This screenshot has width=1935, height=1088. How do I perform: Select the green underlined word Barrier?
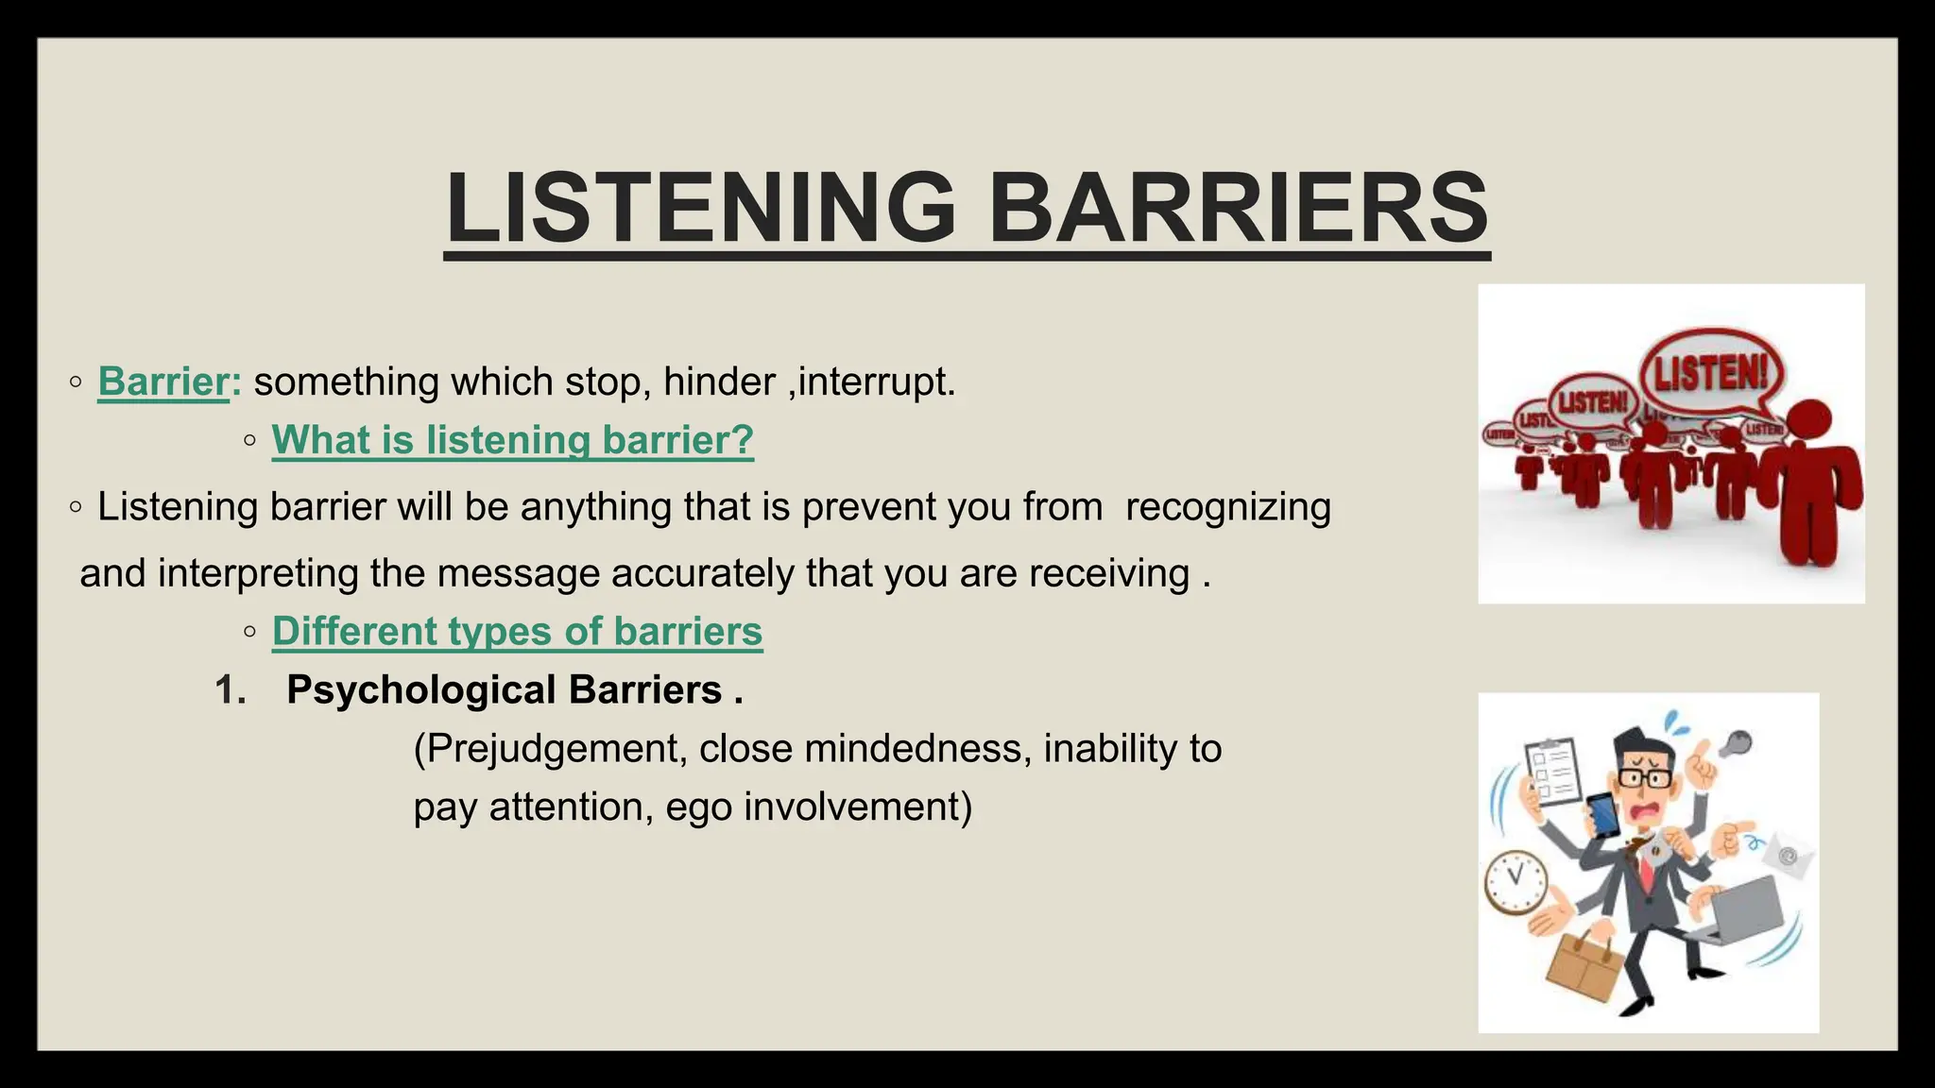click(x=163, y=382)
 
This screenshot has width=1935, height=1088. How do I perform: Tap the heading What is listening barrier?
click(x=513, y=440)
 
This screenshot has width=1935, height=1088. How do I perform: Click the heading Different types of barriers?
click(x=517, y=631)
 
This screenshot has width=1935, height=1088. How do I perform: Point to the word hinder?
click(x=719, y=382)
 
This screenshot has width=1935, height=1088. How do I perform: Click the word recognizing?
click(x=1227, y=507)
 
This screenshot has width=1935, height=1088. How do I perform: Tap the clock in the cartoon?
click(x=1515, y=880)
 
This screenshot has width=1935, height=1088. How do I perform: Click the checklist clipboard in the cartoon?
click(x=1551, y=771)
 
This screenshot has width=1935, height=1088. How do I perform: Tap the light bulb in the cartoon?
click(x=1735, y=744)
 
